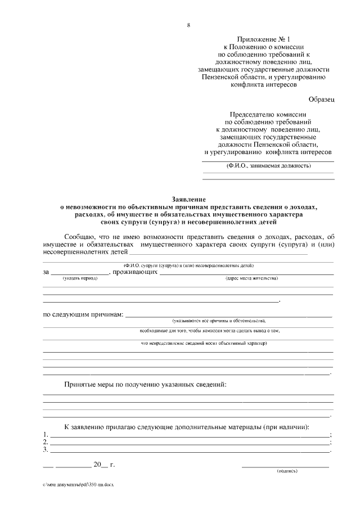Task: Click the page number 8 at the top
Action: pos(188,25)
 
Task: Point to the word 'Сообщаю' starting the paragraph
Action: pos(82,237)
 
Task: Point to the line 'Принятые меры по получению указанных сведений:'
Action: pos(145,384)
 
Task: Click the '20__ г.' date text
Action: pos(104,465)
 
